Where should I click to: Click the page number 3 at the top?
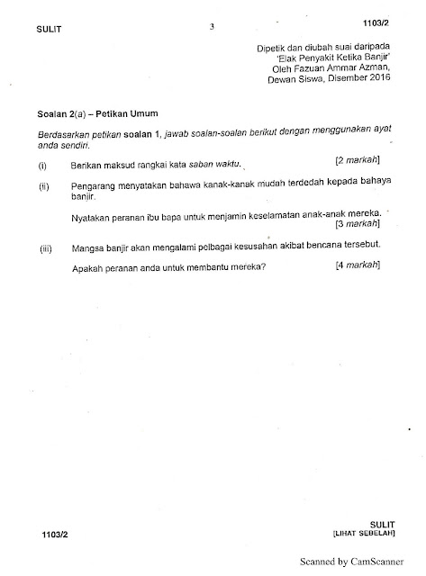211,26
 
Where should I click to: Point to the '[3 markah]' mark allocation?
358,222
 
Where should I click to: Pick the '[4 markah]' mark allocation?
357,266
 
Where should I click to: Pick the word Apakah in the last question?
86,267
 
